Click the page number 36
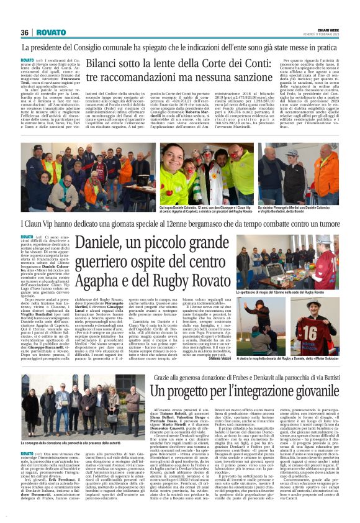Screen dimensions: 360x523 click(25, 32)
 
